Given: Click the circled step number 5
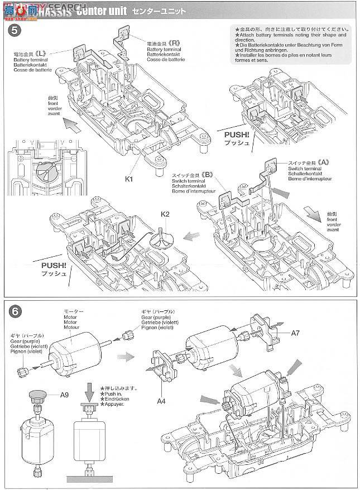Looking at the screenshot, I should coord(14,30).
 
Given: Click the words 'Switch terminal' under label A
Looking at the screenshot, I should coord(304,168).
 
